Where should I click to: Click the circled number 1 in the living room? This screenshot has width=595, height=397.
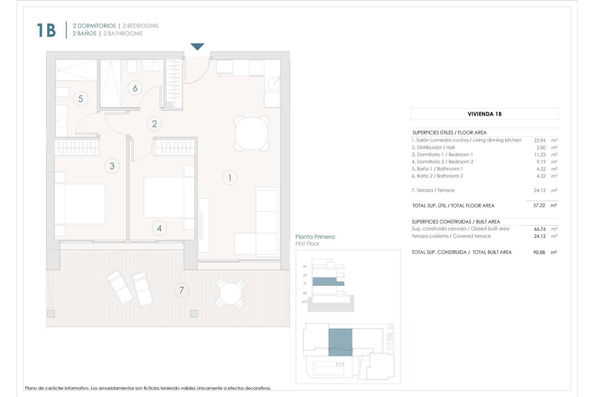(x=230, y=178)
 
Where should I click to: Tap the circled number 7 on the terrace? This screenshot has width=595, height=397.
(x=181, y=290)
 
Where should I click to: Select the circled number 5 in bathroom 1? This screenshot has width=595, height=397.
(x=81, y=99)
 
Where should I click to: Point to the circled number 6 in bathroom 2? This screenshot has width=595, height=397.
(x=135, y=88)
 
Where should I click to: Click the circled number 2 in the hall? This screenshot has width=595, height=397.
(x=154, y=124)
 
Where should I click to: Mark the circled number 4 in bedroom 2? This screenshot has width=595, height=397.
(x=159, y=229)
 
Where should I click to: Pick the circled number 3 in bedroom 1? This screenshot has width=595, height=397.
(x=112, y=166)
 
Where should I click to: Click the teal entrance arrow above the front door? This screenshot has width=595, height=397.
(x=197, y=47)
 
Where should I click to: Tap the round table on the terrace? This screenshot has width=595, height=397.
(x=230, y=293)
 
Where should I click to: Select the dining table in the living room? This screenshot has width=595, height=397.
(x=251, y=133)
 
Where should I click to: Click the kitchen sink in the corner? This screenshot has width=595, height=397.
(x=274, y=82)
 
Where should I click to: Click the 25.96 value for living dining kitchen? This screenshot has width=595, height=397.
(x=540, y=140)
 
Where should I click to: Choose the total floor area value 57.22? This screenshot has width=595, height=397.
(x=539, y=205)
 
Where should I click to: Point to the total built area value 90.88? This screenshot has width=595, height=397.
(x=539, y=252)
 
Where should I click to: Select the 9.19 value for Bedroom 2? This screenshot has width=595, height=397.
(x=541, y=162)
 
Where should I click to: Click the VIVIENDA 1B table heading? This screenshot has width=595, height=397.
(x=484, y=114)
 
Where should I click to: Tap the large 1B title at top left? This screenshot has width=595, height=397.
(x=46, y=30)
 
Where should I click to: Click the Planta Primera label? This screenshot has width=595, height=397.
(x=315, y=237)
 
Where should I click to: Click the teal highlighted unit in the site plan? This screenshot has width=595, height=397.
(x=340, y=342)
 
